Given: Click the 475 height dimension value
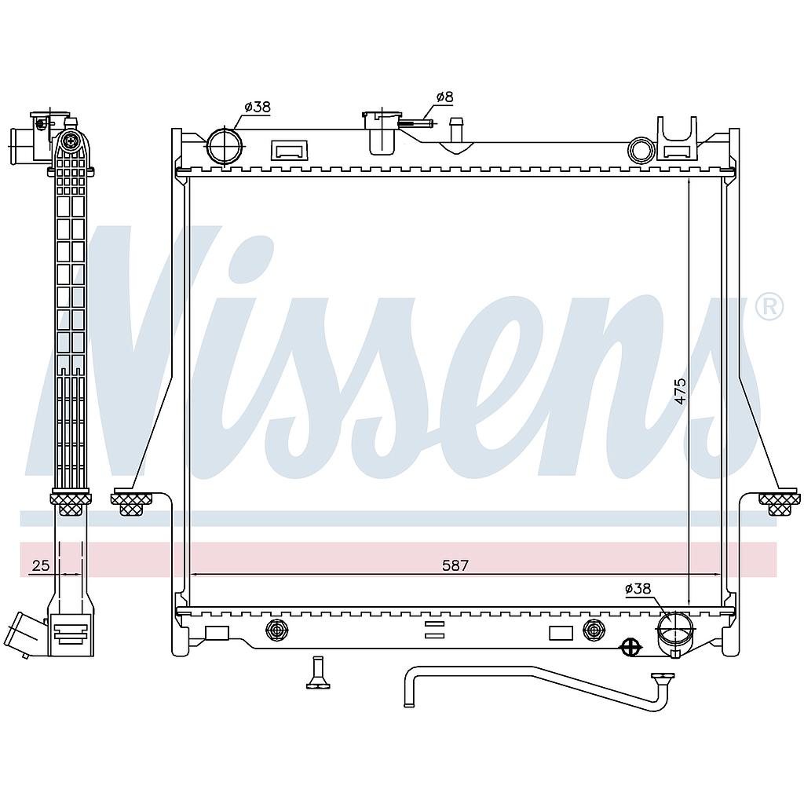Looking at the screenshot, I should pos(680,391).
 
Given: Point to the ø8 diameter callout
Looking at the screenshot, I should pos(444,97).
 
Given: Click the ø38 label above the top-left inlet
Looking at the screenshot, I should pos(257,107).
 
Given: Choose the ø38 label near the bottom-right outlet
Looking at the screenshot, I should pos(638,588).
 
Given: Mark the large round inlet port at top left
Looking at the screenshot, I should pos(226,146).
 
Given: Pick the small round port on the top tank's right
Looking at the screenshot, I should pos(641,149).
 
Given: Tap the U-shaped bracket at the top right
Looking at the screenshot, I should pos(677,139).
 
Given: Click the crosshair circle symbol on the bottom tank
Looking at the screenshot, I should pos(630,647).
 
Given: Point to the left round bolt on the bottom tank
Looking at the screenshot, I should pos(277,630).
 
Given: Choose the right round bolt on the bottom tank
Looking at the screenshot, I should pos(594,630).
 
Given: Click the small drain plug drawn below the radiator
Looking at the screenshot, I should pos(318,674).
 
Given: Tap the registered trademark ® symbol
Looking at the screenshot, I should pos(769,307).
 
